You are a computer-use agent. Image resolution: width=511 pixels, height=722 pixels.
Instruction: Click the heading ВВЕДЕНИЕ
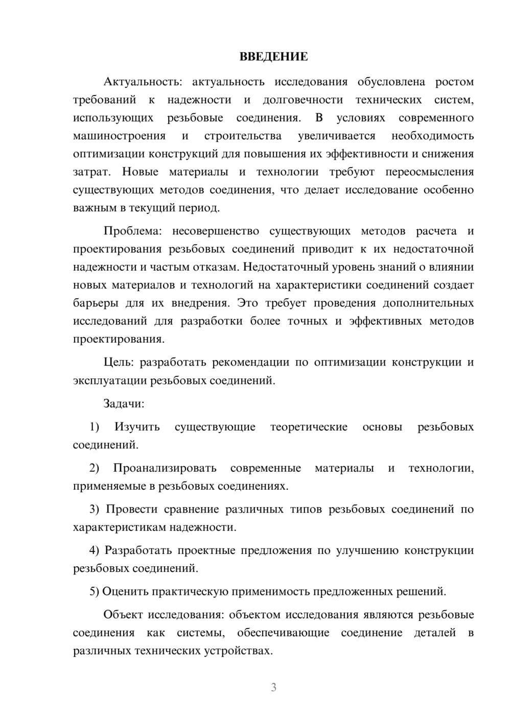(x=273, y=57)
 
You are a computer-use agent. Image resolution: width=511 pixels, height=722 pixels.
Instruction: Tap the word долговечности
(x=303, y=100)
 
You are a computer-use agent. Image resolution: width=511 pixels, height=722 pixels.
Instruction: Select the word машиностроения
(x=119, y=136)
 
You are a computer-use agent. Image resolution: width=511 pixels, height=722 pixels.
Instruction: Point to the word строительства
(x=243, y=136)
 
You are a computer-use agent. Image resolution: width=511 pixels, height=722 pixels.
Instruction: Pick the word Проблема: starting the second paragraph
(x=132, y=231)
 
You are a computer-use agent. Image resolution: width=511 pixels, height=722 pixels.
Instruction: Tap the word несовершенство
(x=215, y=231)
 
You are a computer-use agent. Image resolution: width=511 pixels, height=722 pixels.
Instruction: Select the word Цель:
(x=119, y=363)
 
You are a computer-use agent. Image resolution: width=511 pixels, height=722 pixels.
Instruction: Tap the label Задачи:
(x=124, y=404)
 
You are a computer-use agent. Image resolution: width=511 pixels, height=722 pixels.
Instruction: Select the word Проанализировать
(x=165, y=468)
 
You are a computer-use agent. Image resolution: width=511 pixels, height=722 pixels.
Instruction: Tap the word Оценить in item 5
(x=122, y=592)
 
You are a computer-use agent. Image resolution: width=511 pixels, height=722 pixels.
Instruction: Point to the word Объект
(x=122, y=615)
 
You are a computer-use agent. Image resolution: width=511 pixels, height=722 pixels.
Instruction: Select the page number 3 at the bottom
(x=273, y=687)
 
